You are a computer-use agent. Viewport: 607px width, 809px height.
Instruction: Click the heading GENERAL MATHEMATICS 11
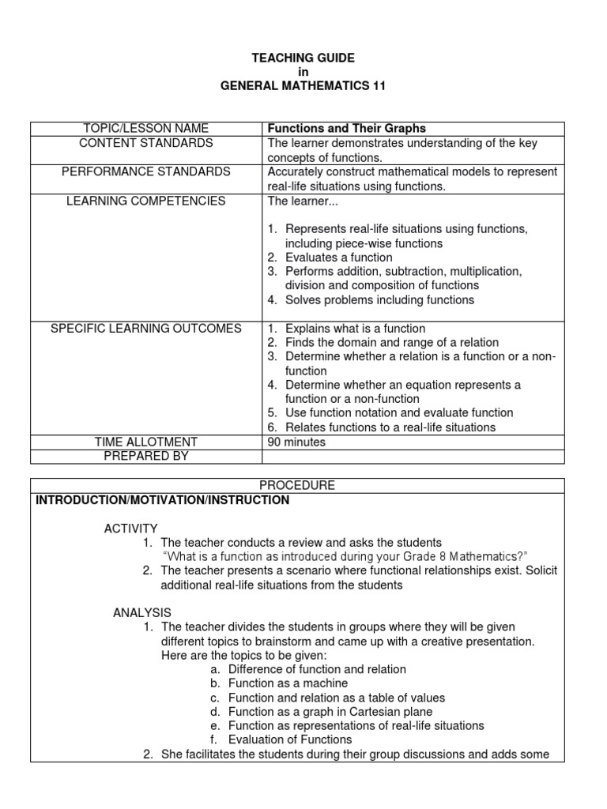pos(303,86)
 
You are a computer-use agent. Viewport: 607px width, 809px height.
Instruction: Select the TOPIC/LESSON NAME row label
pos(146,129)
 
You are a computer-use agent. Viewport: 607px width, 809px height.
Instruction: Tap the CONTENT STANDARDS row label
pos(146,143)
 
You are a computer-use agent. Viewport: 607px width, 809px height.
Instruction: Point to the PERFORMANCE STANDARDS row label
pos(146,171)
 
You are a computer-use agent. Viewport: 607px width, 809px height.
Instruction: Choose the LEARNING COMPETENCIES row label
pos(146,201)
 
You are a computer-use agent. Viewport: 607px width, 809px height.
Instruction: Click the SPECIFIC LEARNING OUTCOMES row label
pos(146,329)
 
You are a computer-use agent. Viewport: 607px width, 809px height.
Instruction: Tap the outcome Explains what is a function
pos(355,329)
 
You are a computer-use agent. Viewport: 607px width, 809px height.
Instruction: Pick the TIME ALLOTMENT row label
pos(146,442)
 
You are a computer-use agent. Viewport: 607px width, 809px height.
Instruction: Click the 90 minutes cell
pos(296,442)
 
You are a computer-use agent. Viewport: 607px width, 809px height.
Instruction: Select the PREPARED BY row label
pos(146,456)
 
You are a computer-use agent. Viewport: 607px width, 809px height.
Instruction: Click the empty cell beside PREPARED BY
pos(413,456)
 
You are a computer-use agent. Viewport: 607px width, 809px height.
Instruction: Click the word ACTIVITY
pos(131,528)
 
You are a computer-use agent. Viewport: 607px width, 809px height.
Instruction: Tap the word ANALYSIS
pos(142,612)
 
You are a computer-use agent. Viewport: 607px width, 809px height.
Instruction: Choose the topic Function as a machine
pos(288,683)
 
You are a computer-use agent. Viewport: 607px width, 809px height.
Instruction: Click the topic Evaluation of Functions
pos(290,740)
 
